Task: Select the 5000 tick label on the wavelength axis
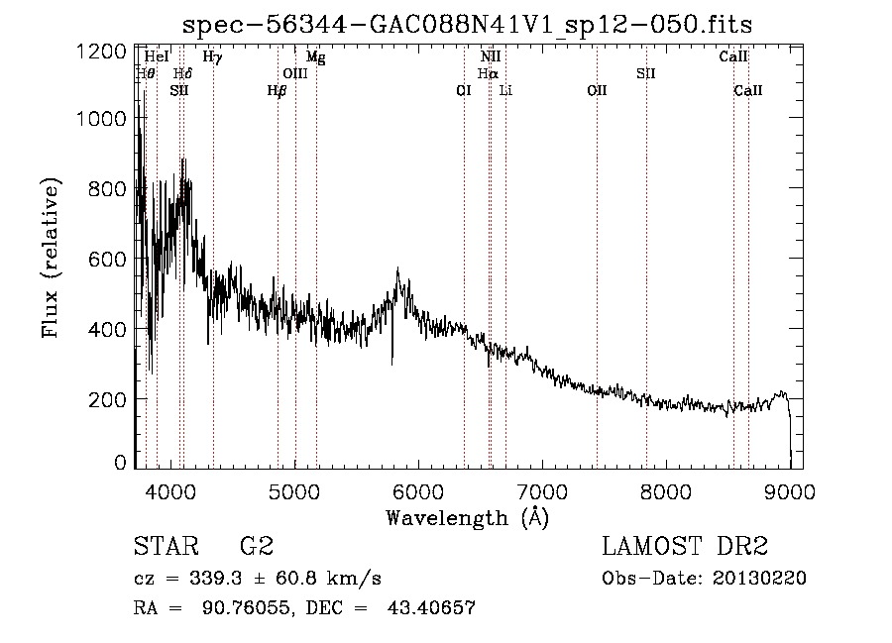pyautogui.click(x=294, y=490)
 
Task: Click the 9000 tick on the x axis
pyautogui.click(x=790, y=490)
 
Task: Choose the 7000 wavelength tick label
pyautogui.click(x=542, y=490)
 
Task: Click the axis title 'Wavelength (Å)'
pyautogui.click(x=466, y=516)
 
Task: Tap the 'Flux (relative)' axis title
pyautogui.click(x=51, y=258)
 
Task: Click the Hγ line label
pyautogui.click(x=212, y=57)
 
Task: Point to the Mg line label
pyautogui.click(x=315, y=57)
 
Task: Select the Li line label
pyautogui.click(x=505, y=90)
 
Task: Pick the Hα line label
pyautogui.click(x=488, y=73)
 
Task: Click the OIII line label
pyautogui.click(x=295, y=73)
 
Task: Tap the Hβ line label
pyautogui.click(x=277, y=90)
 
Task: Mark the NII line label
pyautogui.click(x=490, y=57)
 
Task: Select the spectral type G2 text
pyautogui.click(x=256, y=546)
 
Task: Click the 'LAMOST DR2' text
pyautogui.click(x=685, y=546)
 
